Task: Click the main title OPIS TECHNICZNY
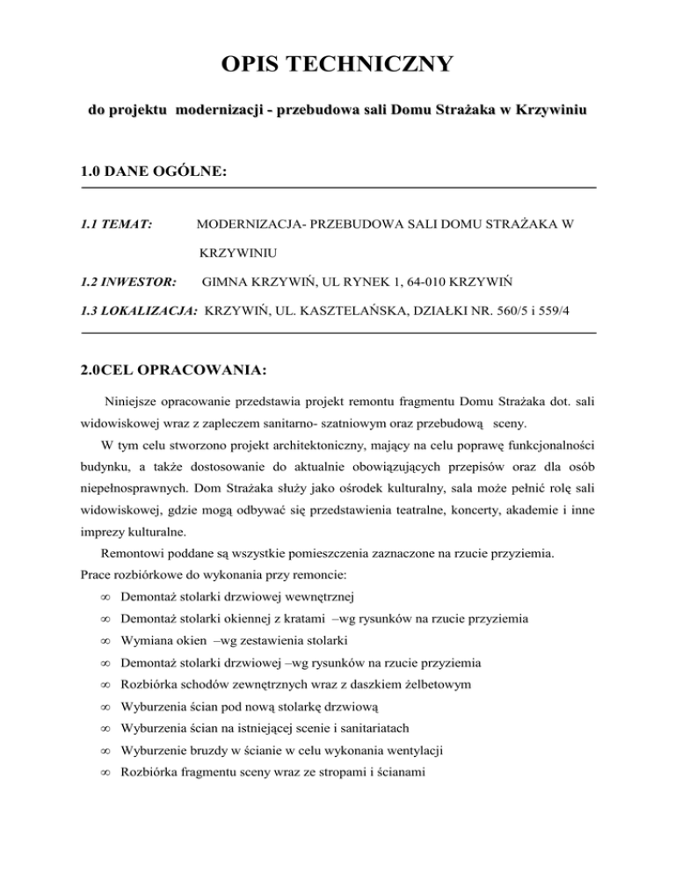[x=337, y=64]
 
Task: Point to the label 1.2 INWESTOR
[x=128, y=283]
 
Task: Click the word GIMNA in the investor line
[x=224, y=283]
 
